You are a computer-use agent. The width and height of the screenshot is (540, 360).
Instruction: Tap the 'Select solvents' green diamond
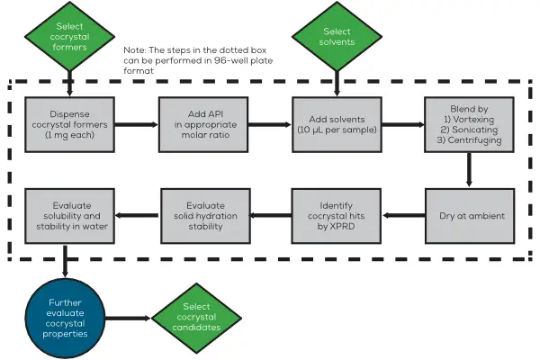pyautogui.click(x=337, y=38)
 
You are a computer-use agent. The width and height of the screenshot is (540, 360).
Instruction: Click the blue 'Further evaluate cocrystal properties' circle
pyautogui.click(x=68, y=319)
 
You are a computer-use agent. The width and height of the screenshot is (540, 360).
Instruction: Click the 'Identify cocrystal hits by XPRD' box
pyautogui.click(x=337, y=215)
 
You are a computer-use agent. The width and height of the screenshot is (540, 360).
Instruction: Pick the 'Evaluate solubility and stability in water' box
pyautogui.click(x=69, y=215)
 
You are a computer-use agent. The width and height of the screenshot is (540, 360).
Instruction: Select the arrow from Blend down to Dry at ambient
pyautogui.click(x=469, y=172)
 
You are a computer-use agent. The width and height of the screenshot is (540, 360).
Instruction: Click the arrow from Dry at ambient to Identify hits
pyautogui.click(x=402, y=215)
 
